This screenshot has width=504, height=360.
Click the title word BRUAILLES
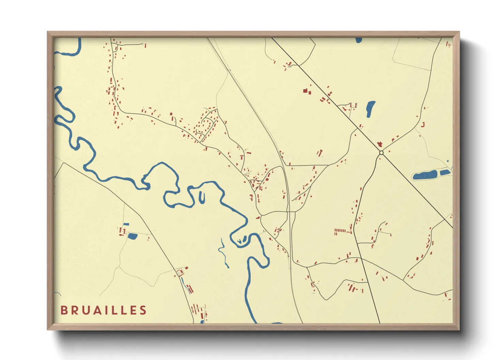[104, 310]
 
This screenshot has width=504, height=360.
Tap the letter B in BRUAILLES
[64, 310]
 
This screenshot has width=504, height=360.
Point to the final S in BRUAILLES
[143, 310]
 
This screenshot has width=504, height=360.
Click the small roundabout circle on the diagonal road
[381, 153]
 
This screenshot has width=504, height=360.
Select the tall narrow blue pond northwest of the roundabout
[370, 109]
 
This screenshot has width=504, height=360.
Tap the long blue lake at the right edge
[425, 175]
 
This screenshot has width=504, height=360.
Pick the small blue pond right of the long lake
[445, 173]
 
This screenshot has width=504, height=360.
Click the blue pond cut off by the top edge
[359, 40]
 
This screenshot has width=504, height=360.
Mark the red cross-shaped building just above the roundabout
[379, 145]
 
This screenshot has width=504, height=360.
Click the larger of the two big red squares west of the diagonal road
[305, 91]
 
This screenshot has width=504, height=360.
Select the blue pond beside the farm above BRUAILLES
[132, 236]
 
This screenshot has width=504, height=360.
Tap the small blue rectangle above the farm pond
[126, 224]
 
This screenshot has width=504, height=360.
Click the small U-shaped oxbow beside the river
[202, 197]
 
